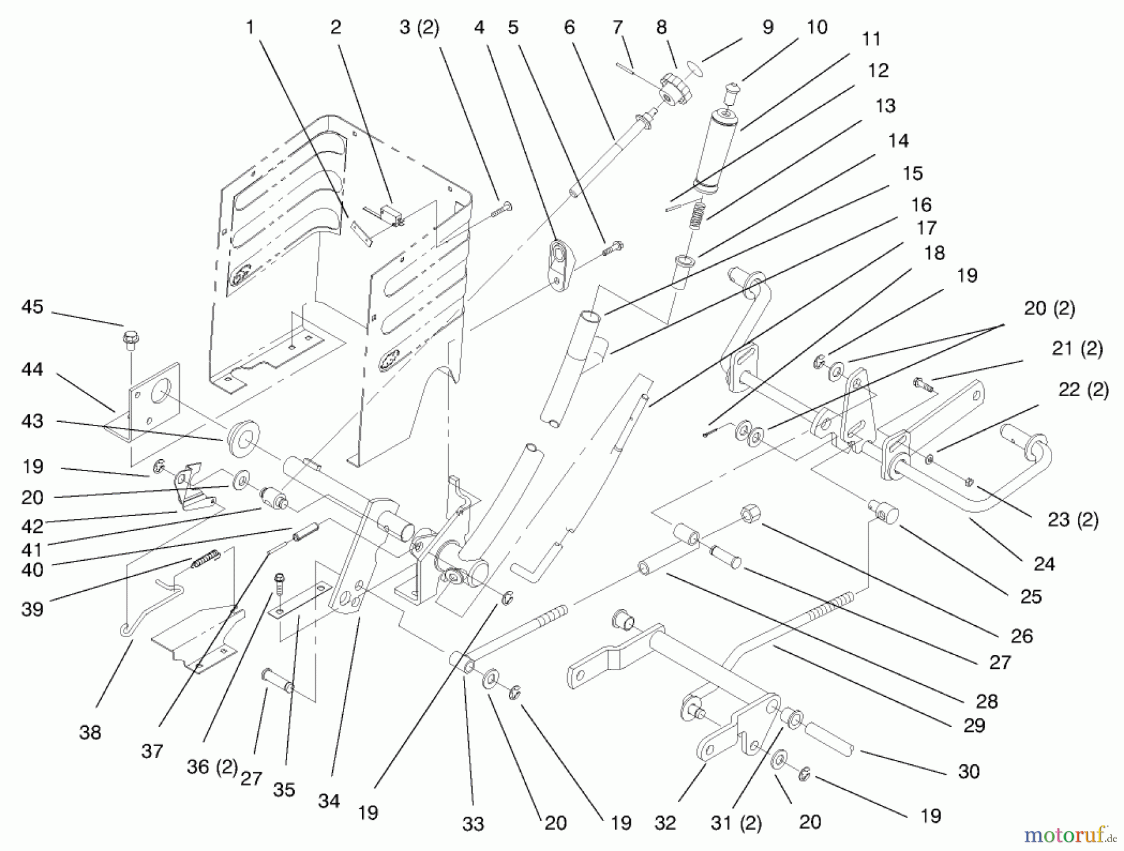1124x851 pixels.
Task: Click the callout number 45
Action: coord(32,307)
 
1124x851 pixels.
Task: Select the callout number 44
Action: coord(32,370)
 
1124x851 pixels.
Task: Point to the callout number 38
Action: coord(90,732)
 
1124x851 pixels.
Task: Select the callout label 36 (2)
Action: coord(212,767)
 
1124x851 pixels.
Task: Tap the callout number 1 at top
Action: coord(250,27)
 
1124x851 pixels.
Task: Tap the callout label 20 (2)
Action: coord(1049,308)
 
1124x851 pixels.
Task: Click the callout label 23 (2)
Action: coord(1073,519)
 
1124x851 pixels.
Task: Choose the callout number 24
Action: coord(1044,564)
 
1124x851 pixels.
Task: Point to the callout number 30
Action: coord(969,772)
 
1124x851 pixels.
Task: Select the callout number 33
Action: coord(473,824)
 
